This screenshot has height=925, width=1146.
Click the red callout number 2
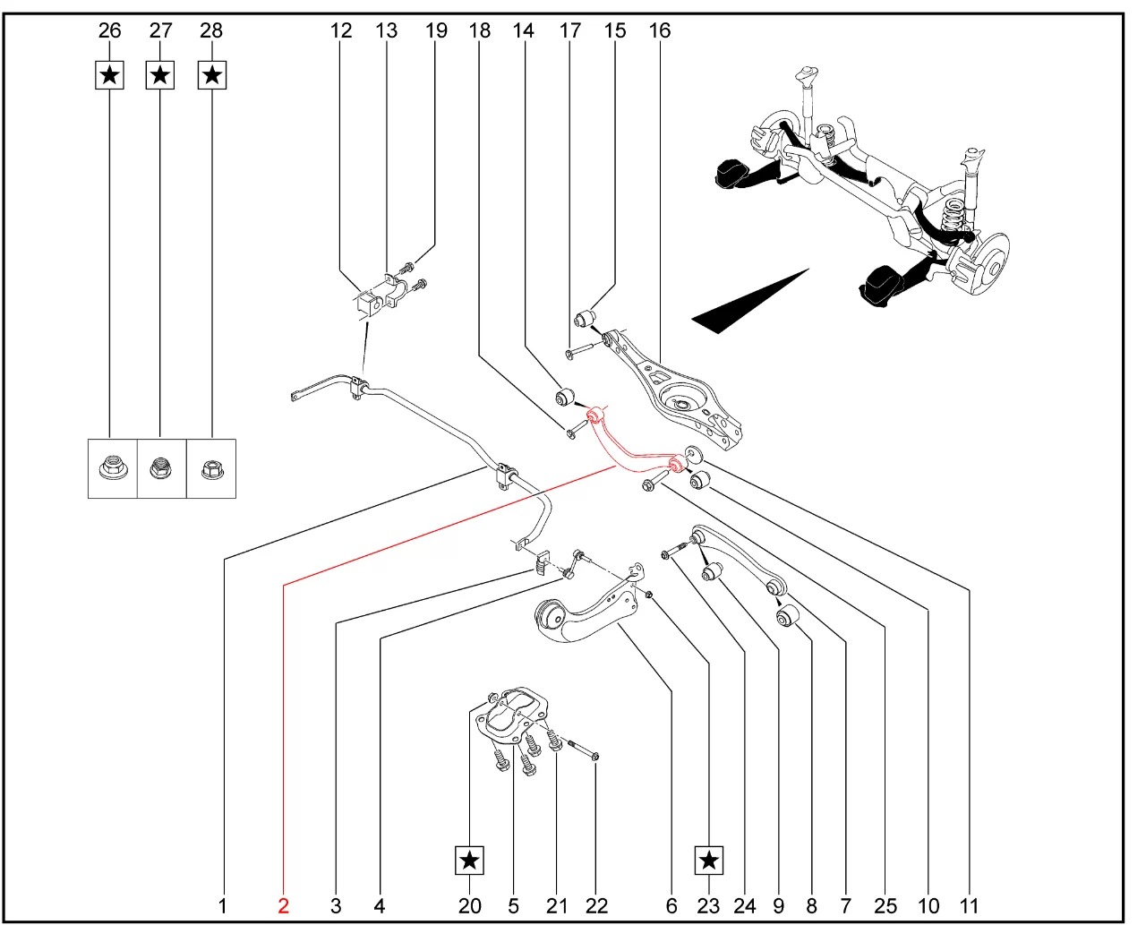pyautogui.click(x=283, y=905)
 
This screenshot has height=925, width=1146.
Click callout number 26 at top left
pyautogui.click(x=109, y=30)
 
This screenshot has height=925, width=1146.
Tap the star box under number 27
pyautogui.click(x=160, y=75)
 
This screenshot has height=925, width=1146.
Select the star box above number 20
pyautogui.click(x=469, y=861)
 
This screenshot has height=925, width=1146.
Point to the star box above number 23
pyautogui.click(x=708, y=861)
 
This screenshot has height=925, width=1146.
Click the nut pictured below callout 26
pyautogui.click(x=112, y=467)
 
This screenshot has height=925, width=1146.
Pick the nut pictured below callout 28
pyautogui.click(x=211, y=467)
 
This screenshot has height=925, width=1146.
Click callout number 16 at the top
pyautogui.click(x=659, y=30)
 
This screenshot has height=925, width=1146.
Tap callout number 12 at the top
pyautogui.click(x=341, y=30)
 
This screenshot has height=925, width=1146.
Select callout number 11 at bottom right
pyautogui.click(x=969, y=905)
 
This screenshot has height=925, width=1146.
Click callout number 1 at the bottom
pyautogui.click(x=223, y=905)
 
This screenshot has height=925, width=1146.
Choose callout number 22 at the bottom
pyautogui.click(x=596, y=905)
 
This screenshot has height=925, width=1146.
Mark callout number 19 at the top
pyautogui.click(x=436, y=30)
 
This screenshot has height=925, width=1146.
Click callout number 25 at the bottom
pyautogui.click(x=885, y=905)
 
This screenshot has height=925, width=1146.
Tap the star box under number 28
pyautogui.click(x=211, y=75)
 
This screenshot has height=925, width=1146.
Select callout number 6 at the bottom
pyautogui.click(x=671, y=905)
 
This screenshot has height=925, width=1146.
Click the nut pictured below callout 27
pyautogui.click(x=161, y=467)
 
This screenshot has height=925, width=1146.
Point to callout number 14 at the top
pyautogui.click(x=523, y=30)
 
